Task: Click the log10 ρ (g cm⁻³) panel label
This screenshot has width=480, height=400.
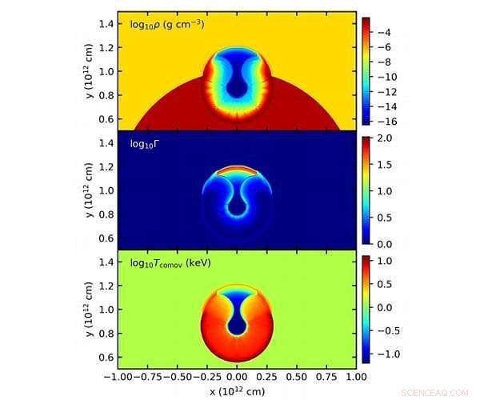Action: tap(167, 24)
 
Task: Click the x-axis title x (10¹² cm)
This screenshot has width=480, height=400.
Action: tap(236, 391)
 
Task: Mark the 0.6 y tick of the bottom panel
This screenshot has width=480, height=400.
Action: tap(104, 355)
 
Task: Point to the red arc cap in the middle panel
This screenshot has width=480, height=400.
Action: tap(236, 169)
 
